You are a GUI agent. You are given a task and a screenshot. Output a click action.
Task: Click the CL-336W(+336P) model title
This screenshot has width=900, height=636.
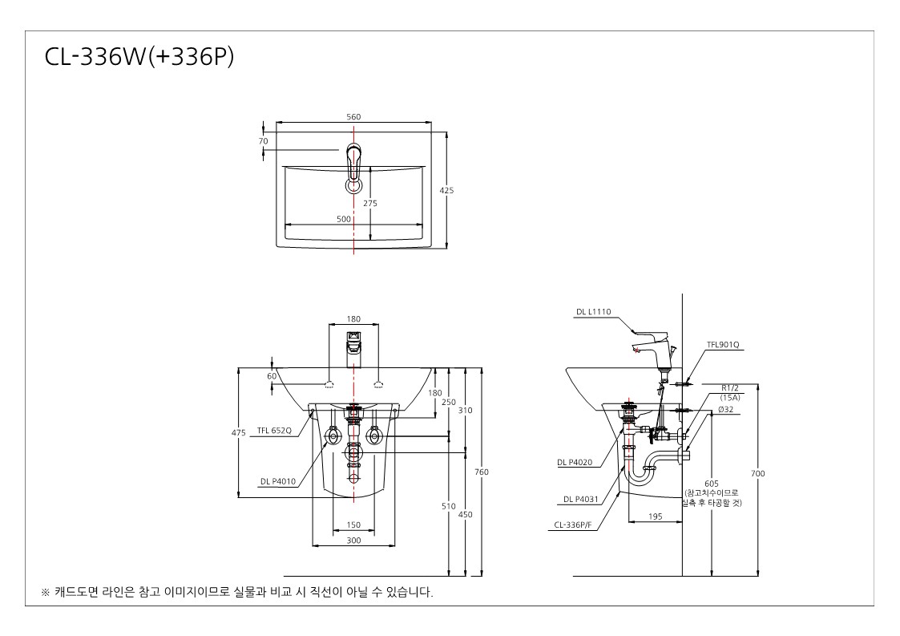(139, 57)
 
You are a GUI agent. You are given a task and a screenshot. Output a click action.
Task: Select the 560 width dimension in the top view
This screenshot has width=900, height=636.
(353, 116)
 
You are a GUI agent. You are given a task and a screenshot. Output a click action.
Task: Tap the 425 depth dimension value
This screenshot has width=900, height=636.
(446, 190)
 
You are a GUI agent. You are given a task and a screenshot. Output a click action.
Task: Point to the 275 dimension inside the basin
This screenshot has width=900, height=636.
(370, 203)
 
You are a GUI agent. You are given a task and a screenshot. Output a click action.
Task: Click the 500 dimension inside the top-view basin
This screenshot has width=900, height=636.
(343, 219)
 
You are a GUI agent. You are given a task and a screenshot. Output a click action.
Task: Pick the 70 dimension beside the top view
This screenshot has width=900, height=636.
(264, 141)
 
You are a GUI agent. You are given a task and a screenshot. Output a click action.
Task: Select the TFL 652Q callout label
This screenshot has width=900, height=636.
(274, 431)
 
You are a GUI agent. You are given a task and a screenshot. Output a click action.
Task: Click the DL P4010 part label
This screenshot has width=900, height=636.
(278, 481)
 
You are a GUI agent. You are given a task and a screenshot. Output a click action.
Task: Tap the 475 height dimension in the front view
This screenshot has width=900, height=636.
(239, 432)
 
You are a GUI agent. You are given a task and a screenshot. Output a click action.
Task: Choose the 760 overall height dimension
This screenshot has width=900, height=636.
(482, 472)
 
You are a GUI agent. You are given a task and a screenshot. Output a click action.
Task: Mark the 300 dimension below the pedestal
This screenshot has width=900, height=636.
(353, 540)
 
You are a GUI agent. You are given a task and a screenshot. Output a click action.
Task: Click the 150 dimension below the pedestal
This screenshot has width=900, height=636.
(353, 525)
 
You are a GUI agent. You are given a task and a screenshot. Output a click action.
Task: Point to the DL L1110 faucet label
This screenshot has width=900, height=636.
(594, 312)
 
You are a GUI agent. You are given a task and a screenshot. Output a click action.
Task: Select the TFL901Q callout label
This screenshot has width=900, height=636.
(723, 345)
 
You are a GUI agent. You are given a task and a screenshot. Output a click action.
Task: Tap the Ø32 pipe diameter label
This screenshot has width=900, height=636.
(725, 410)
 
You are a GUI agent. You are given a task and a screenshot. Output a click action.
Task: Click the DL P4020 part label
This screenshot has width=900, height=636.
(575, 462)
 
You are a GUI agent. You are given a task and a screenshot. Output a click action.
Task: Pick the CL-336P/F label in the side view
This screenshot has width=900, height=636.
(573, 525)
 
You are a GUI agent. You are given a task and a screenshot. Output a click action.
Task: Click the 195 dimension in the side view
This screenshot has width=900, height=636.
(655, 516)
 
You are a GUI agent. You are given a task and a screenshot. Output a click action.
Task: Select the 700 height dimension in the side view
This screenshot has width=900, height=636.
(757, 473)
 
